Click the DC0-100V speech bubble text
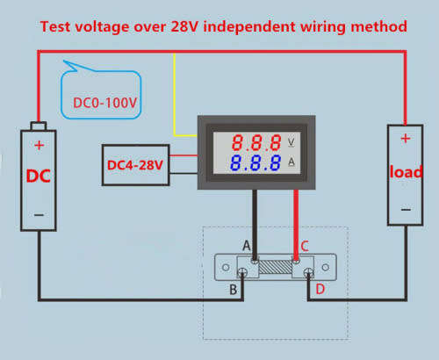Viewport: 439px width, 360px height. pos(104,103)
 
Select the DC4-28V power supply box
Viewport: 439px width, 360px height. pos(136,165)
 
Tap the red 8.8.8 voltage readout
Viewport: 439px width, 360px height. pos(256,143)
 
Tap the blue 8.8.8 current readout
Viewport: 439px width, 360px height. pos(255,162)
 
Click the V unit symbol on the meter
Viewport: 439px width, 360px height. pos(291,142)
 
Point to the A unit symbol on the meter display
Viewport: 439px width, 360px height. pos(291,162)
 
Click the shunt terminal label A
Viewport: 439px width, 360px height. pos(247,246)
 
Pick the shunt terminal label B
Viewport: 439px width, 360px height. pos(233,290)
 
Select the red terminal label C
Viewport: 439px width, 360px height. pos(305,246)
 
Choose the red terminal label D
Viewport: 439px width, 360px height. pos(320,289)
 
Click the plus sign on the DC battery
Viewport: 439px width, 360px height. pos(39,145)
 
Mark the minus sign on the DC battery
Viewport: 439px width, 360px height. pos(39,215)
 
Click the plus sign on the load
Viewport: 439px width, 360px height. pos(406,138)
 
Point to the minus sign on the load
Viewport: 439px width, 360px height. pos(406,210)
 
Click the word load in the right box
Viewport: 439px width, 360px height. pos(406,171)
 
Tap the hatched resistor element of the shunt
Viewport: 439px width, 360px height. pos(276,267)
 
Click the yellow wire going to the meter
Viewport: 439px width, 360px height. pos(175,95)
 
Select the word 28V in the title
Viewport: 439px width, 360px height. pos(184,26)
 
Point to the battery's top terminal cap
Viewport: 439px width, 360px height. pos(39,126)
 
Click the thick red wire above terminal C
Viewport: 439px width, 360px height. pos(296,225)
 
